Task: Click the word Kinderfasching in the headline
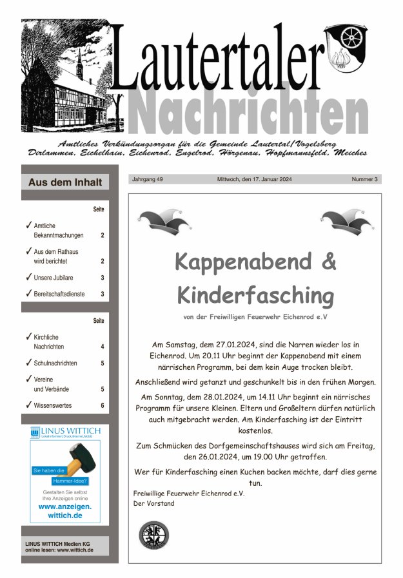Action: (255, 296)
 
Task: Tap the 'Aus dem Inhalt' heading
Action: (65, 182)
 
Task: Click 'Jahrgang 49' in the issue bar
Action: (148, 178)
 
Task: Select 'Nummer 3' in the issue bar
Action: (365, 178)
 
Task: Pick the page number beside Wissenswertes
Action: (102, 405)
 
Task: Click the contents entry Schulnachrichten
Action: (55, 363)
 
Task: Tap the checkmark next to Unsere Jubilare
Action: (28, 278)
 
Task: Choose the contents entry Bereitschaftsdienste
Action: (61, 294)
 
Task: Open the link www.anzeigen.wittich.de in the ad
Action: (65, 511)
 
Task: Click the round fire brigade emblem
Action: (153, 535)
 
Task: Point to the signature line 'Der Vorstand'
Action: (153, 503)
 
